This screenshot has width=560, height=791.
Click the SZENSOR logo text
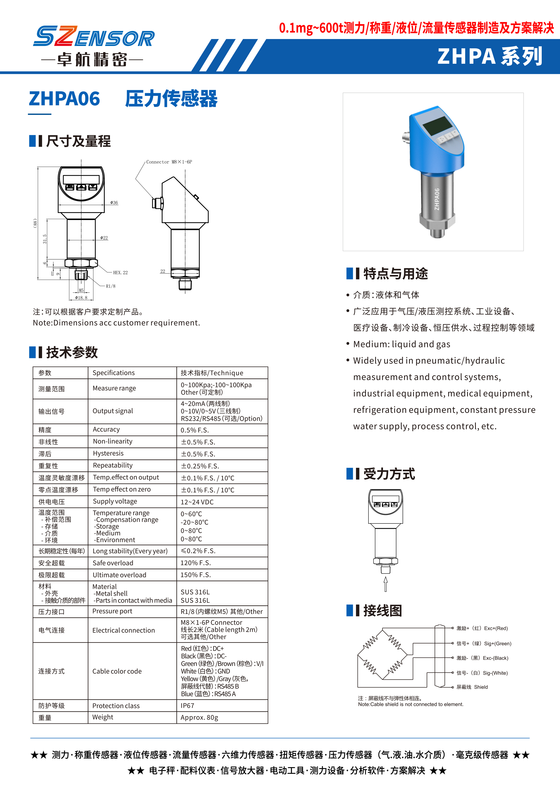coord(94,37)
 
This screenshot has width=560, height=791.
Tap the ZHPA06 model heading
coord(65,99)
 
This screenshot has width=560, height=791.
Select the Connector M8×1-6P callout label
coord(169,162)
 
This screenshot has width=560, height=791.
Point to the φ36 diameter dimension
coord(114,203)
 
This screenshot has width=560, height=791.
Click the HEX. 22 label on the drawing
coord(120,272)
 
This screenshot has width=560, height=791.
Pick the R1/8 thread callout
coord(111,286)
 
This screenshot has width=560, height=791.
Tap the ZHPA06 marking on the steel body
coord(437,199)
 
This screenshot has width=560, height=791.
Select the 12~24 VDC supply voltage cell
coord(197,502)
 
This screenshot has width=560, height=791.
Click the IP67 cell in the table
coord(188,706)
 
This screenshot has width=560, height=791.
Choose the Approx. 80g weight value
coord(199,717)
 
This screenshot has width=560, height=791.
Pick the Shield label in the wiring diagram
coord(481,687)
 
